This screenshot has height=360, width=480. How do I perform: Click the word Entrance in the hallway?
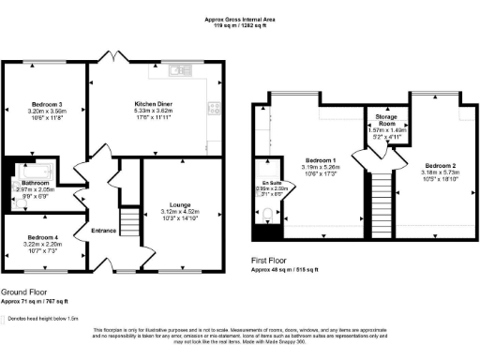(104, 230)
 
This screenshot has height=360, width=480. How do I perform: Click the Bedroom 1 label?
(315, 160)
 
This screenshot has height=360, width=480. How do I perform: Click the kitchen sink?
(175, 71)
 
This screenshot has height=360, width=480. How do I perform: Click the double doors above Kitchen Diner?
(113, 58)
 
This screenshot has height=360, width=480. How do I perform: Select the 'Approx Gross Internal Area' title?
(240, 18)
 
